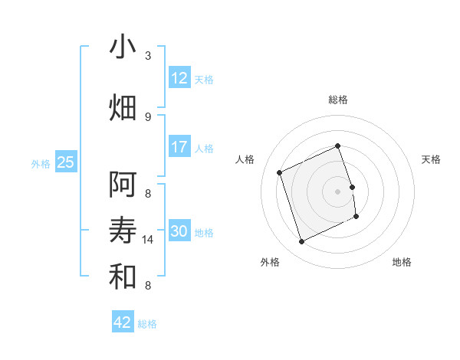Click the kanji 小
123,47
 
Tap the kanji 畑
123,106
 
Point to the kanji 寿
123,231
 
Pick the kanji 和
123,277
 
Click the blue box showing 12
179,78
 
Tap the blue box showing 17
179,147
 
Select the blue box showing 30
179,231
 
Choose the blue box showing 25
66,162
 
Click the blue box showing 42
123,322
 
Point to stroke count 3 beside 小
148,55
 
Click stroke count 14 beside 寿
148,239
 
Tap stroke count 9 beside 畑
148,116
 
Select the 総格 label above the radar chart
338,100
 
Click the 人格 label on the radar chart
245,159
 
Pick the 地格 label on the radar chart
402,262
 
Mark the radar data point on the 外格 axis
301,242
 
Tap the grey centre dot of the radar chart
338,191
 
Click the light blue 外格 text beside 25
41,163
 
